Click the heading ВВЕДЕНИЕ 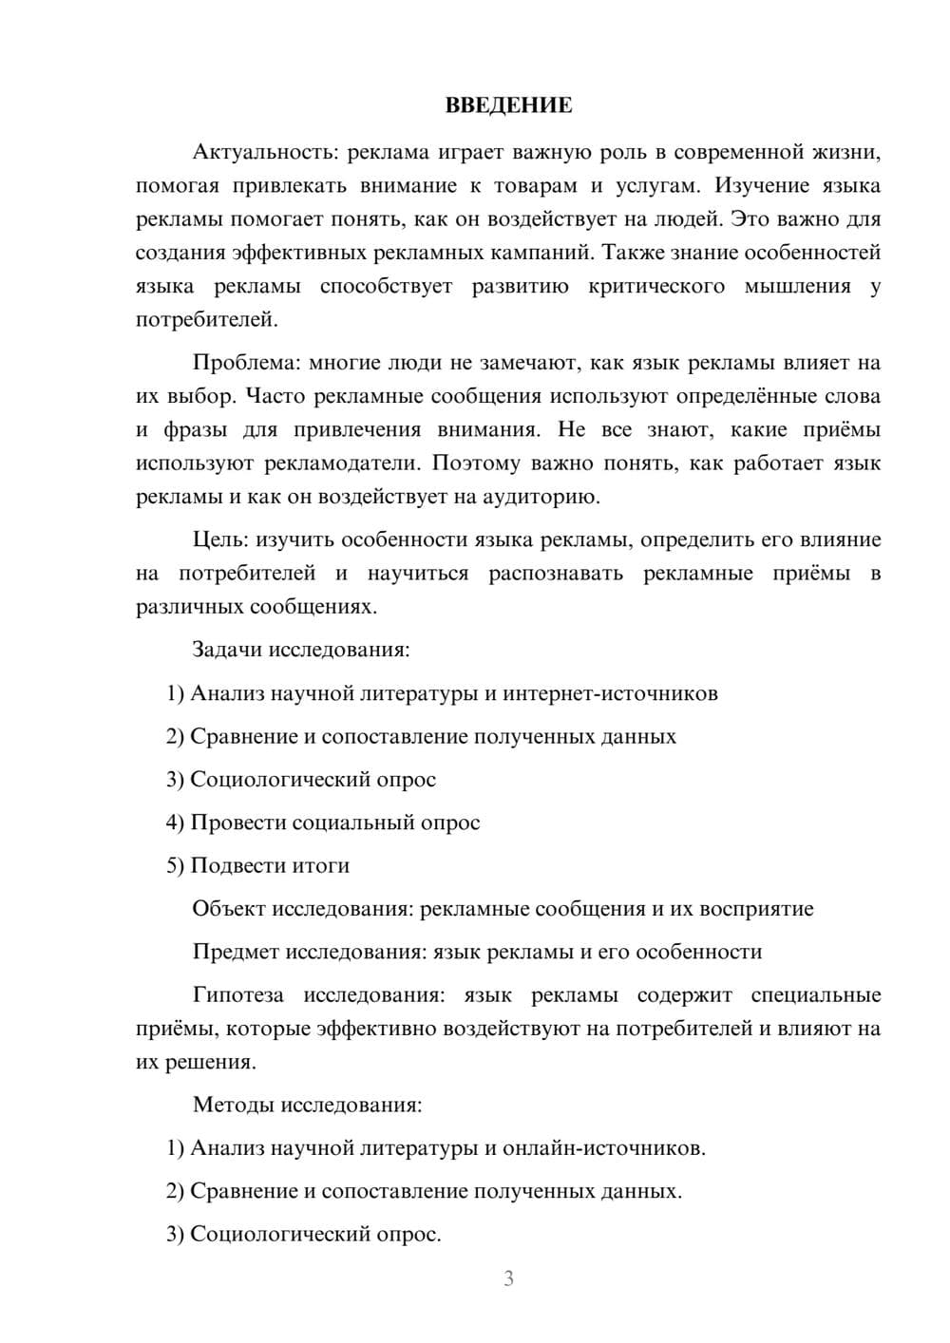508,105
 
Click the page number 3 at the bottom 508,1278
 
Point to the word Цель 219,539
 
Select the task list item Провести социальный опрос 334,823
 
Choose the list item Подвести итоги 270,865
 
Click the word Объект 228,909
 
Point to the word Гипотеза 237,995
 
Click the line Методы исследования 307,1105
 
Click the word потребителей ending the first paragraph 206,320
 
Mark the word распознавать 556,574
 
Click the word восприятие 756,909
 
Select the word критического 656,286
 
